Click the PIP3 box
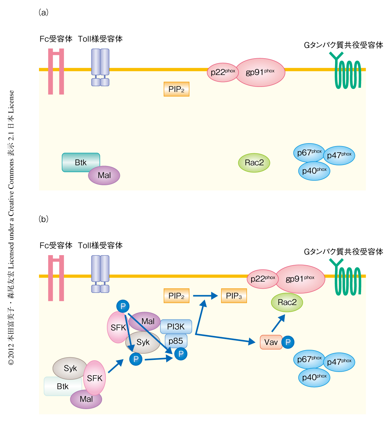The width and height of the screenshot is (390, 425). coord(234,296)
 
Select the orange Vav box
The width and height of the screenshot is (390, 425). coord(271,342)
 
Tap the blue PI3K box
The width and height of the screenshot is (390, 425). coord(176,326)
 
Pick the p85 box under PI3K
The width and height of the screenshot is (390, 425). coord(176,341)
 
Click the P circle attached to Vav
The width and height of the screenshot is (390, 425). coord(288,342)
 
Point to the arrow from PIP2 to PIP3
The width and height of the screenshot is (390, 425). coord(205,296)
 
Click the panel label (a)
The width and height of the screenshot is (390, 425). coord(43,13)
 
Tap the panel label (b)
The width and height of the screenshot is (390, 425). coord(43,219)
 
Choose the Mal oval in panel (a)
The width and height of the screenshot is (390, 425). coord(104,175)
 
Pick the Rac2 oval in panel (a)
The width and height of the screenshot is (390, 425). coord(254,163)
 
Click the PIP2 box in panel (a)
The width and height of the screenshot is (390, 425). coord(176,89)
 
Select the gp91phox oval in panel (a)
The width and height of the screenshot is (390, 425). coord(260,72)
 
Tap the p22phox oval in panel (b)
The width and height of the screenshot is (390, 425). coord(263,279)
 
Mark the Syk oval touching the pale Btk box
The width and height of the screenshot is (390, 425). coord(70,368)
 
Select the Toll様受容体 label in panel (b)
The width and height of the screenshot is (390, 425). coord(100,245)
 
